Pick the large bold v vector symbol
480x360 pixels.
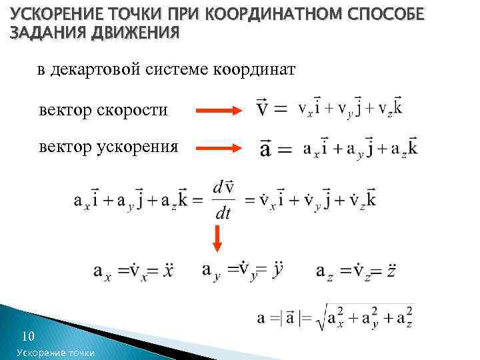pos(263,108)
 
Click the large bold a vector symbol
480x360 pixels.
pos(265,148)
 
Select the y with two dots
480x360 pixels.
pos(278,268)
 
